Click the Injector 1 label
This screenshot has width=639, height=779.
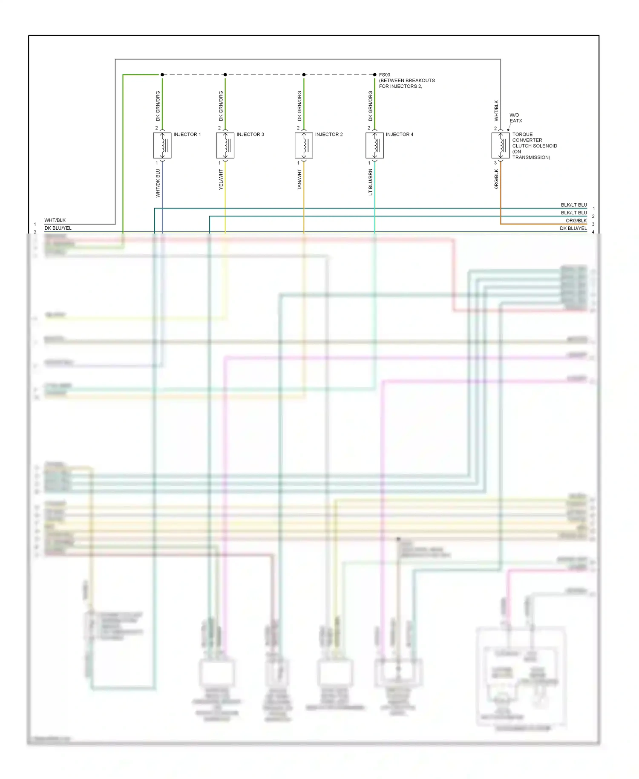click(x=187, y=134)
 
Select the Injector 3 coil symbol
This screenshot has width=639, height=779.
click(x=225, y=146)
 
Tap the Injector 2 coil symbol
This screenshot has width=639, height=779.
click(x=304, y=146)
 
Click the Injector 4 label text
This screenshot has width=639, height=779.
click(x=399, y=134)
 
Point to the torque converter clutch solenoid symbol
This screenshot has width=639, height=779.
click(x=501, y=146)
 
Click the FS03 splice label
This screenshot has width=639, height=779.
click(x=384, y=75)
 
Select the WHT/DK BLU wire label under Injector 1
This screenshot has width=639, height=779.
click(x=158, y=183)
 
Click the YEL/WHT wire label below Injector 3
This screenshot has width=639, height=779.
click(x=221, y=179)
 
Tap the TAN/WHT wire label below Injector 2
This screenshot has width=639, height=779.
click(x=299, y=179)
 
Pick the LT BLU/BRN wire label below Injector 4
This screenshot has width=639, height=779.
click(x=370, y=182)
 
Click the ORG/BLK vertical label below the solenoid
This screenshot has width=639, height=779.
click(x=496, y=179)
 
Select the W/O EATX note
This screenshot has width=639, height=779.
click(x=515, y=118)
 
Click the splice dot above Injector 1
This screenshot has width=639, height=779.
click(x=162, y=75)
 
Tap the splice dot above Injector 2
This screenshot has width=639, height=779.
click(x=304, y=75)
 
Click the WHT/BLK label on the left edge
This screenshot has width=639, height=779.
click(x=55, y=220)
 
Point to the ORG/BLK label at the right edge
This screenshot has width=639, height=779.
click(x=576, y=221)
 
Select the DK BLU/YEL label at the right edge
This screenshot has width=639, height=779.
click(x=573, y=228)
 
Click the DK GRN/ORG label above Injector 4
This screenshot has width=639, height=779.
click(x=370, y=106)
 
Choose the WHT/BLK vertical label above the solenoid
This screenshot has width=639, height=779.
click(x=496, y=110)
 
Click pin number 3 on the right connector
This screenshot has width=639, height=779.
click(x=593, y=224)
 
